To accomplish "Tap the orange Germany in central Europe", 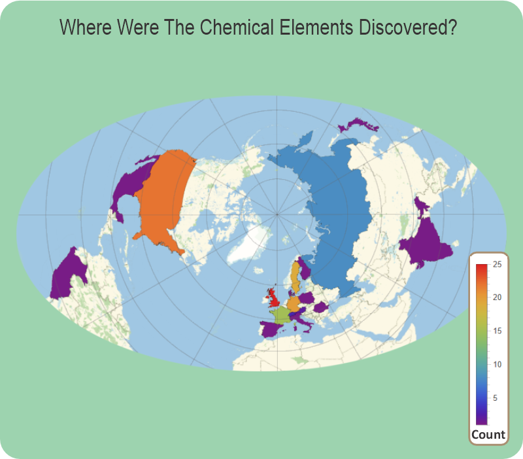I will [x=294, y=303].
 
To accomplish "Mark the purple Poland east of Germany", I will [x=307, y=298].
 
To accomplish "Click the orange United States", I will [x=163, y=196].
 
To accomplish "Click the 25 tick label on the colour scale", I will [x=498, y=264].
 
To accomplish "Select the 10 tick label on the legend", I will [x=498, y=364].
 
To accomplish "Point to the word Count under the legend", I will [x=488, y=434].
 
